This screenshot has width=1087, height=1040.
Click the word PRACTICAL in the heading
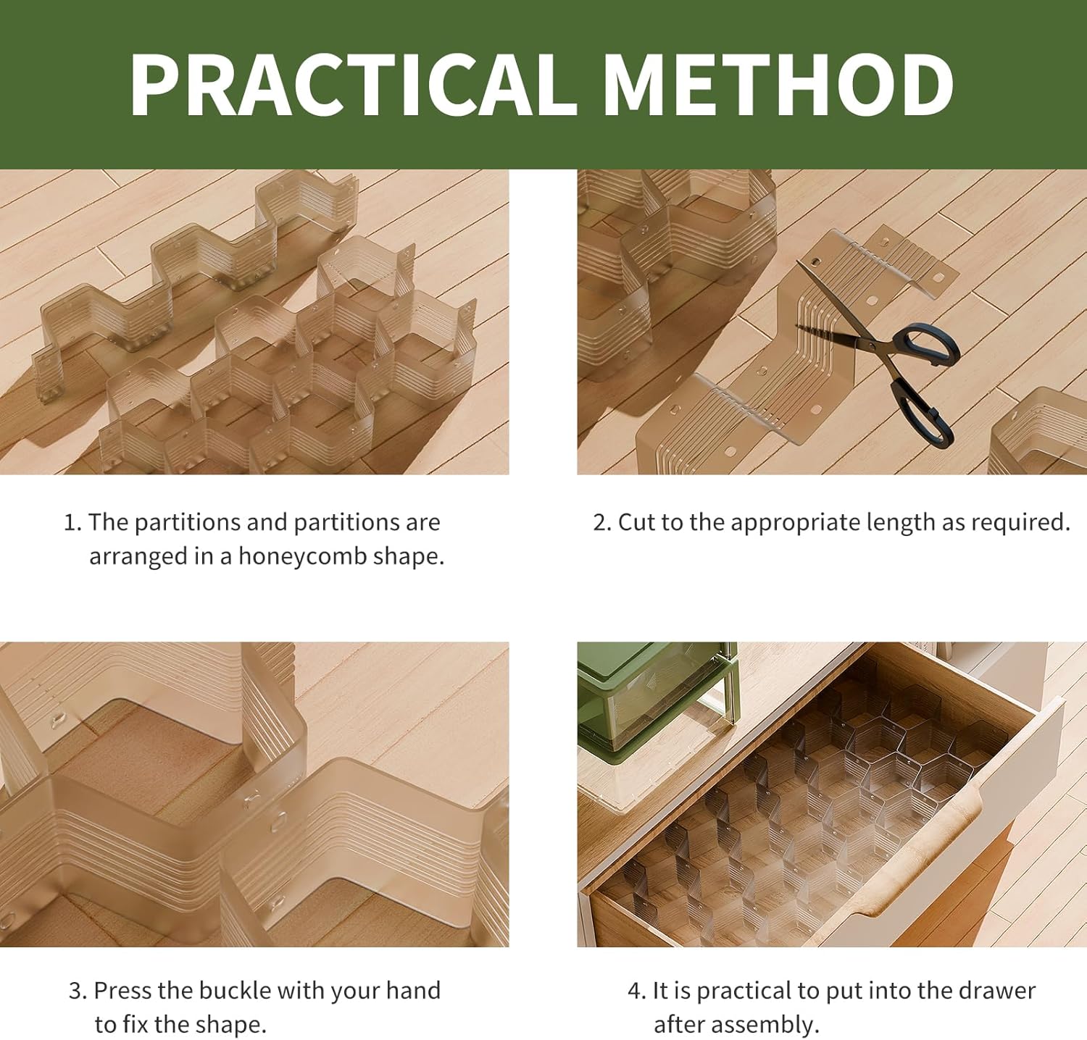352,84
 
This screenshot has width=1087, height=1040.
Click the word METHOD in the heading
778,84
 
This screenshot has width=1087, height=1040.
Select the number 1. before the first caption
72,522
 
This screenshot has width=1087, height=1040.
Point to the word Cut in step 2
636,522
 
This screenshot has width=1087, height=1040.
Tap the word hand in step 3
412,990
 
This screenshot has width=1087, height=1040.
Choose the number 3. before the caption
78,991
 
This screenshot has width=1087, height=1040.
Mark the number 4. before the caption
636,991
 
